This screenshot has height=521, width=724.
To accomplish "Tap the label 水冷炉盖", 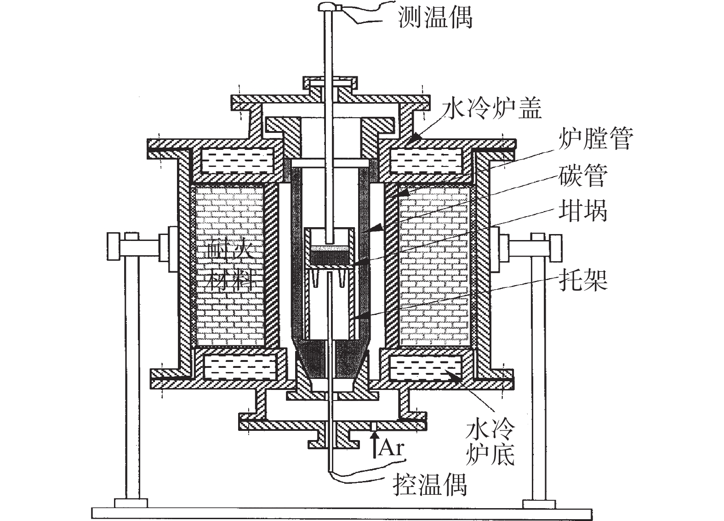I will pyautogui.click(x=491, y=109).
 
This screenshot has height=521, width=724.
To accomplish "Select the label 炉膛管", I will pyautogui.click(x=596, y=138).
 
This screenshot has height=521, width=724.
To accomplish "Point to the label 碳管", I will pyautogui.click(x=583, y=175).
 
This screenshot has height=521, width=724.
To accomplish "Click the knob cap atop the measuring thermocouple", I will pyautogui.click(x=329, y=6).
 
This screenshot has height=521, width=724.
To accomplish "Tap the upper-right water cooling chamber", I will pyautogui.click(x=425, y=160).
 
